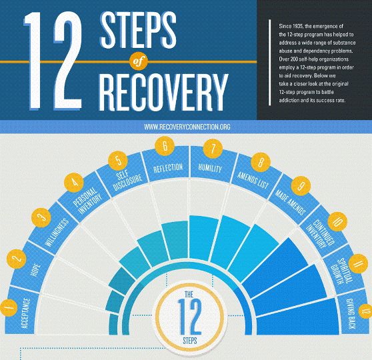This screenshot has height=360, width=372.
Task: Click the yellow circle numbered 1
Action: (9, 308)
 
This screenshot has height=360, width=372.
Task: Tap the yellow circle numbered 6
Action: (165, 146)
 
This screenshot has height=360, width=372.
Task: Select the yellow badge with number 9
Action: (301, 186)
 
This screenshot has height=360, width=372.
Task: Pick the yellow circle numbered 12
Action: (365, 311)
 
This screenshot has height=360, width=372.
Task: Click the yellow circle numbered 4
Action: (74, 183)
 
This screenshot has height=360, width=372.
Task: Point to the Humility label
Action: (210, 168)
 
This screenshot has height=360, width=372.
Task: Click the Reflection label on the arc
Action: (168, 168)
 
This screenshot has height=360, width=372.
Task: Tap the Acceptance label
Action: (26, 313)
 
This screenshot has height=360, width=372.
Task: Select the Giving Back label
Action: (351, 313)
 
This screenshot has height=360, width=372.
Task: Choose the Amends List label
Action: (253, 181)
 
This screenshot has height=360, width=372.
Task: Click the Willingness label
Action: (57, 233)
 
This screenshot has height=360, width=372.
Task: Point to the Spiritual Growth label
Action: (341, 271)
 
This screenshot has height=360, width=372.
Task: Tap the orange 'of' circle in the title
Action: (139, 61)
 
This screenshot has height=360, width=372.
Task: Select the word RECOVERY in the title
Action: (163, 92)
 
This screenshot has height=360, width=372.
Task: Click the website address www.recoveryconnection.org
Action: (187, 127)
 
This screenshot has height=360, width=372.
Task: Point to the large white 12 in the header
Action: (53, 61)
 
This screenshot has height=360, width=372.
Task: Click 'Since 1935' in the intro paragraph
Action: (291, 26)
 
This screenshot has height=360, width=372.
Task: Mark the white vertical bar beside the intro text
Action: (270, 63)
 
